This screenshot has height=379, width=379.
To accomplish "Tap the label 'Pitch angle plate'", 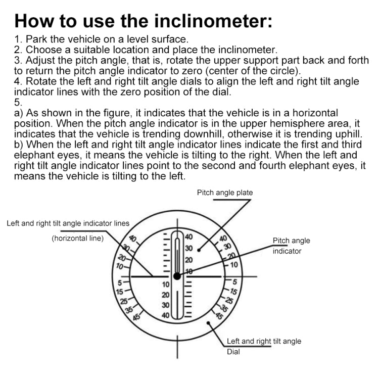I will pyautogui.click(x=224, y=193).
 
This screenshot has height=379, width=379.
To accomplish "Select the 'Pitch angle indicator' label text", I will pyautogui.click(x=291, y=246).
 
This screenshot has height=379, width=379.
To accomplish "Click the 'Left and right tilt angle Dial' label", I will pyautogui.click(x=263, y=346).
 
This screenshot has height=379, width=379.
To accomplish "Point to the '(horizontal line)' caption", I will pyautogui.click(x=77, y=238).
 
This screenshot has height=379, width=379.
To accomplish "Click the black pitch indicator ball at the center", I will pyautogui.click(x=177, y=276).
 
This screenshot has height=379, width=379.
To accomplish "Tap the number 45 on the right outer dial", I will pyautogui.click(x=219, y=316).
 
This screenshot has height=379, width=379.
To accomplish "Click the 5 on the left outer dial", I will pyautogui.click(x=120, y=282).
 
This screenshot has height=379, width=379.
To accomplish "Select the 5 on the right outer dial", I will pyautogui.click(x=234, y=281).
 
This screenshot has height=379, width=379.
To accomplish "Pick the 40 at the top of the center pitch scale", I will pyautogui.click(x=188, y=237).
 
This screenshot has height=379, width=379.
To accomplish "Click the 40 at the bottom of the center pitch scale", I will pyautogui.click(x=165, y=316).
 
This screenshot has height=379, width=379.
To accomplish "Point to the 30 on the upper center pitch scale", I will pyautogui.click(x=188, y=248).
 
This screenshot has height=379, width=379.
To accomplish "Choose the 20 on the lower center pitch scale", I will pyautogui.click(x=165, y=295).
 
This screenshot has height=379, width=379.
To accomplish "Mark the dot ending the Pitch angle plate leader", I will pyautogui.click(x=200, y=249).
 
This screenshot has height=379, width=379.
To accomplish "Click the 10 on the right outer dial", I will pyautogui.click(x=233, y=264).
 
